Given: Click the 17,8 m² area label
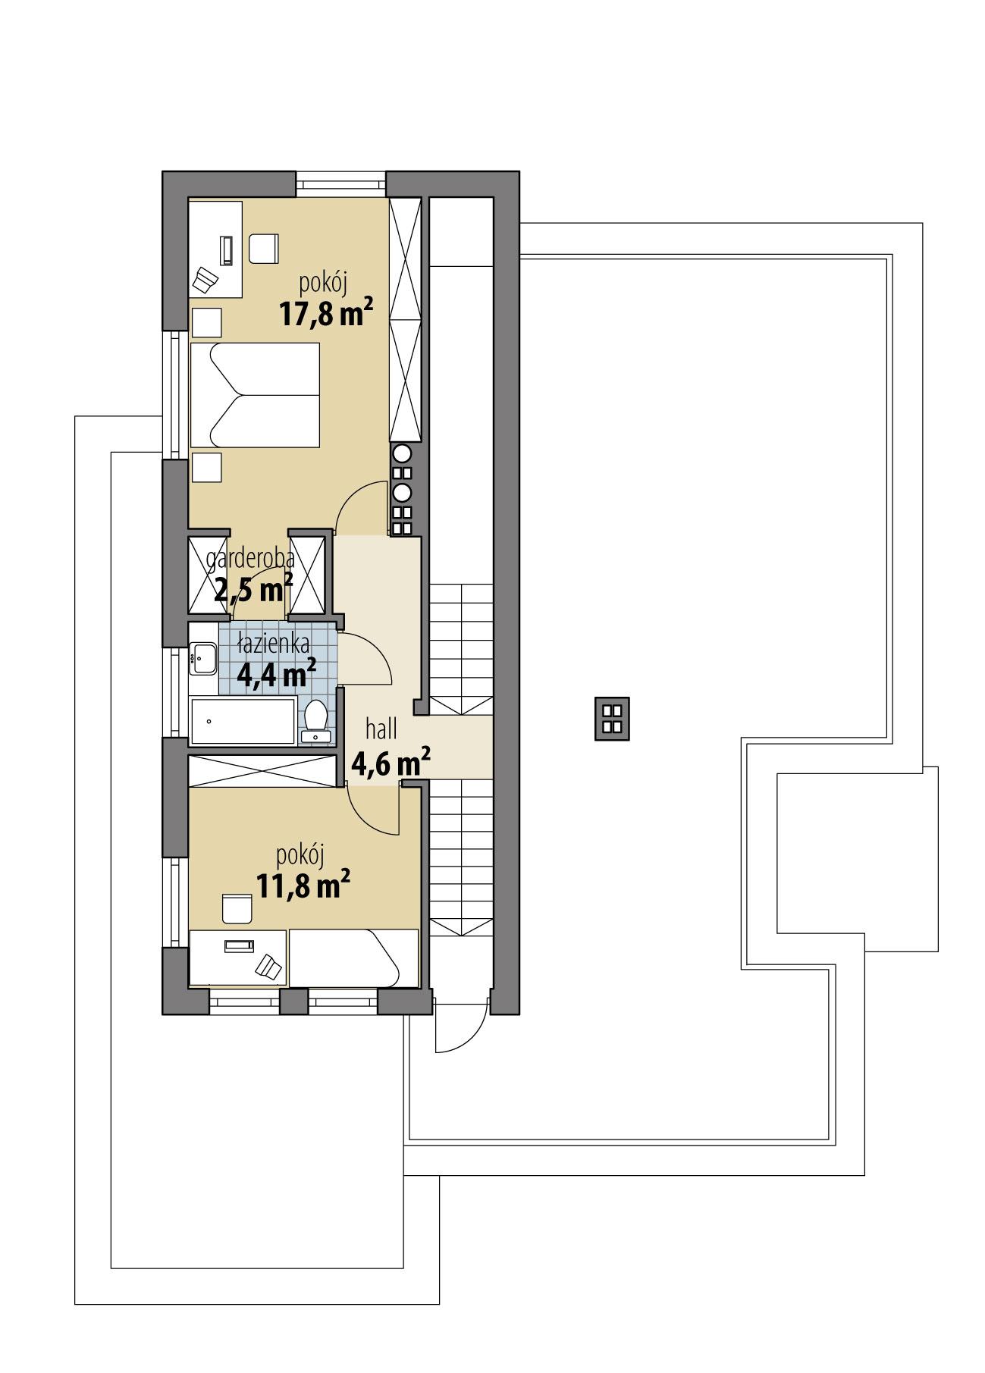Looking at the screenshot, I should click(x=326, y=312).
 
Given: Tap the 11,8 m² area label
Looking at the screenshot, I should click(x=303, y=885).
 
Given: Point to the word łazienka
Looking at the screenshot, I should click(x=273, y=645).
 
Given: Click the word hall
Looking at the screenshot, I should click(x=381, y=730).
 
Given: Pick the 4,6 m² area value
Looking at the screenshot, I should click(x=391, y=763).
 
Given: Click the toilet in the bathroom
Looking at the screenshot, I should click(x=314, y=720).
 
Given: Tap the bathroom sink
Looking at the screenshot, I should click(x=203, y=658).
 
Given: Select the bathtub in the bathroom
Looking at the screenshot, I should click(x=241, y=721).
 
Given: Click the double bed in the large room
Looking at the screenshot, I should click(x=254, y=394).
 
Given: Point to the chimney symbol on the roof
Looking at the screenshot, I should click(x=612, y=718).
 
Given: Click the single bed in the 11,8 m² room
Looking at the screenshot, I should click(x=353, y=958).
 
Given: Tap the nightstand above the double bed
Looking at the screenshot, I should click(x=206, y=323).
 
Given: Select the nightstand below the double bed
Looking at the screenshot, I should click(x=206, y=467).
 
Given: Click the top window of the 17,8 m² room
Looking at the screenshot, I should click(x=341, y=183).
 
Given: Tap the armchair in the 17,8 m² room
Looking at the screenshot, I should click(x=264, y=248).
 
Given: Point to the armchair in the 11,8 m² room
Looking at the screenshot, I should click(x=237, y=908).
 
